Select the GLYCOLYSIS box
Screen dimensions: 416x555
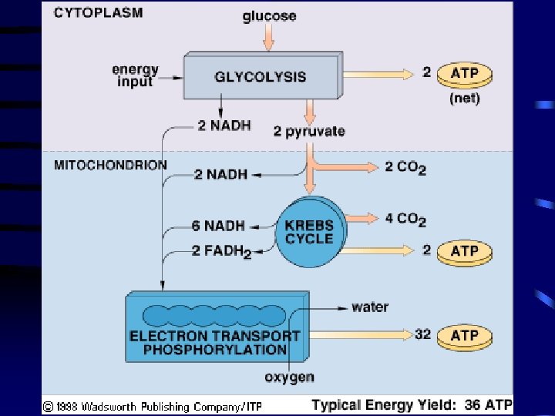[261, 76]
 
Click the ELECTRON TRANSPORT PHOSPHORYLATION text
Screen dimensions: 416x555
[214, 343]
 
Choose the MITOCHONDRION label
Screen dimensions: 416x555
[110, 165]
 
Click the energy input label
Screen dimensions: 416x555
[135, 75]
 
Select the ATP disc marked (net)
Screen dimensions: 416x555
[464, 75]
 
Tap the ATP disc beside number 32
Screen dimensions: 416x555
[464, 336]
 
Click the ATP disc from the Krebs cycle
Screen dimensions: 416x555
[464, 251]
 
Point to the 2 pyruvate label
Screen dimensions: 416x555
[309, 131]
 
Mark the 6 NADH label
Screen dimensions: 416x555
[218, 226]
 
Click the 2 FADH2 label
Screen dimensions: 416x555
[220, 251]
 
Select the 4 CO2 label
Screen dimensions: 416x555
[405, 220]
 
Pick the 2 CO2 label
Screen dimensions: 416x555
[405, 167]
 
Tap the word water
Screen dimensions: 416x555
[370, 307]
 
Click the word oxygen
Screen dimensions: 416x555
[289, 377]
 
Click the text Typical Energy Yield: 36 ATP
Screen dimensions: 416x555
[412, 404]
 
